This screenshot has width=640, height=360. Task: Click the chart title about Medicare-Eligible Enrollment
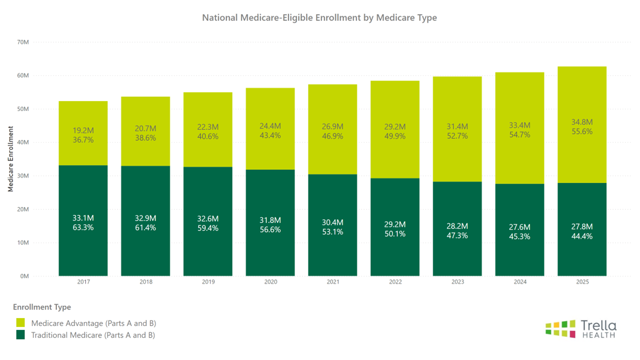319,17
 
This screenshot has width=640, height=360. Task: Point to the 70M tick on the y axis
23,42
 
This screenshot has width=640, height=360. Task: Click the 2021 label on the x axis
332,282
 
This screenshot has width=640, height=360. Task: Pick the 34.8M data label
582,122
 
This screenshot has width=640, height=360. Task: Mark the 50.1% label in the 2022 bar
395,234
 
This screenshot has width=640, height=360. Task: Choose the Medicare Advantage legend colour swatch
20,323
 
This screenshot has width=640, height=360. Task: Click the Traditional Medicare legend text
93,335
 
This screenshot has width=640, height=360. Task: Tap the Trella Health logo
580,328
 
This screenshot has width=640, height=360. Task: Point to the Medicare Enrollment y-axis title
10,159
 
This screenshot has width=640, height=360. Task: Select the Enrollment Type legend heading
42,307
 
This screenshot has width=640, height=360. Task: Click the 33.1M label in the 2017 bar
83,218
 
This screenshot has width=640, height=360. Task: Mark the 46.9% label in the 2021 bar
332,136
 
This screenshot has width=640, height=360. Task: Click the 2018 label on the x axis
145,282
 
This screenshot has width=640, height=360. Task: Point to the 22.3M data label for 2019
208,127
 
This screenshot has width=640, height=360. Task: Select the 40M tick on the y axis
23,142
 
